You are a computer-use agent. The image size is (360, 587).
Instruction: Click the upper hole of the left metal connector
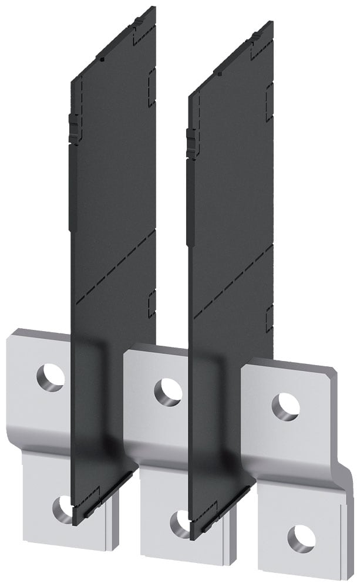51,376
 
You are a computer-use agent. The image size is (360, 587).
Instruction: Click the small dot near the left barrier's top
102,60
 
